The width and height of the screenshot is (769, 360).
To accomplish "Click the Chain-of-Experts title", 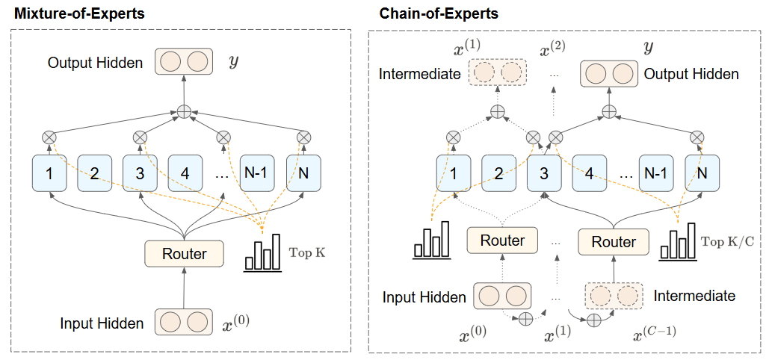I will pyautogui.click(x=439, y=13).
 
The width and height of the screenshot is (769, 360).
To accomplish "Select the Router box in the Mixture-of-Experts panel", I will pyautogui.click(x=184, y=254).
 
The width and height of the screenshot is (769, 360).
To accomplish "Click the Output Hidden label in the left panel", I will pyautogui.click(x=95, y=63).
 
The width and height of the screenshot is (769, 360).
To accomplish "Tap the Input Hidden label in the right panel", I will pyautogui.click(x=424, y=297).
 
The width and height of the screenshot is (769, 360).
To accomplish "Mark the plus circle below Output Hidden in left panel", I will pyautogui.click(x=184, y=112).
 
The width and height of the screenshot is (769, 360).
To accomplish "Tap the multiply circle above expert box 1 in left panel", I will pyautogui.click(x=49, y=137).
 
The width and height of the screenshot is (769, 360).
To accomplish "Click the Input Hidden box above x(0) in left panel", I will pyautogui.click(x=184, y=323).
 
